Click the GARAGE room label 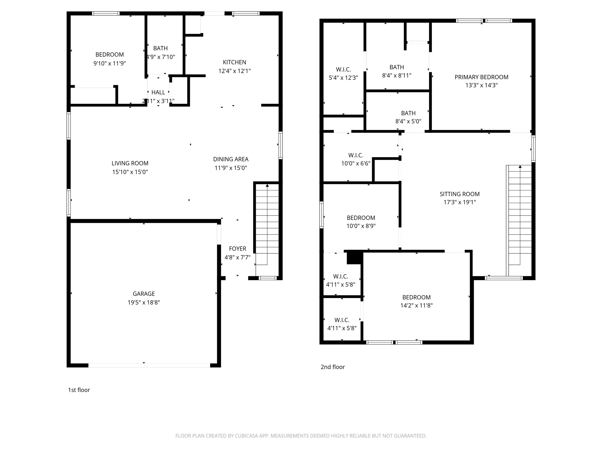pyautogui.click(x=144, y=294)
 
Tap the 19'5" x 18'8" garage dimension pyautogui.click(x=144, y=302)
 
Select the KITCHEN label pyautogui.click(x=235, y=62)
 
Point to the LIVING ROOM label pyautogui.click(x=130, y=163)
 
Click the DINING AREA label pyautogui.click(x=231, y=159)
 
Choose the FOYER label pyautogui.click(x=238, y=249)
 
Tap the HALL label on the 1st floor pyautogui.click(x=158, y=92)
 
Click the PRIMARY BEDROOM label pyautogui.click(x=481, y=77)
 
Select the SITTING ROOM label pyautogui.click(x=460, y=194)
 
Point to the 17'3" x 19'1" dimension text pyautogui.click(x=460, y=202)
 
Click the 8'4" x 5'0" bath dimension pyautogui.click(x=408, y=121)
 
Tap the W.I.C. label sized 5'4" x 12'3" pyautogui.click(x=343, y=70)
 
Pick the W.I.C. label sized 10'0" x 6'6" pyautogui.click(x=356, y=155)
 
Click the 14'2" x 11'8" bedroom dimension pyautogui.click(x=417, y=306)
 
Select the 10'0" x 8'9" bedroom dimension pyautogui.click(x=361, y=226)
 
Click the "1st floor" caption pyautogui.click(x=79, y=390)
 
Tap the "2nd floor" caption pyautogui.click(x=333, y=367)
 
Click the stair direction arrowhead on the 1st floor pyautogui.click(x=267, y=185)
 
